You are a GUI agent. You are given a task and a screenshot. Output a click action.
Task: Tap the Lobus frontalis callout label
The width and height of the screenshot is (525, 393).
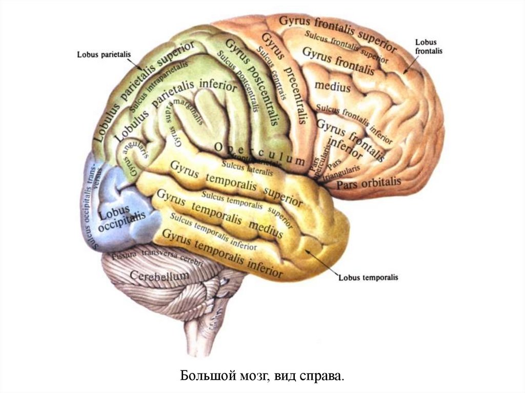point(429,47)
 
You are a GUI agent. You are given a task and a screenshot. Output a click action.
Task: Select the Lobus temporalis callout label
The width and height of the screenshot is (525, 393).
point(368,277)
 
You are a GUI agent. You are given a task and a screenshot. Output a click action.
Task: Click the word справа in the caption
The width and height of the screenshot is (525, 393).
point(321,377)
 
